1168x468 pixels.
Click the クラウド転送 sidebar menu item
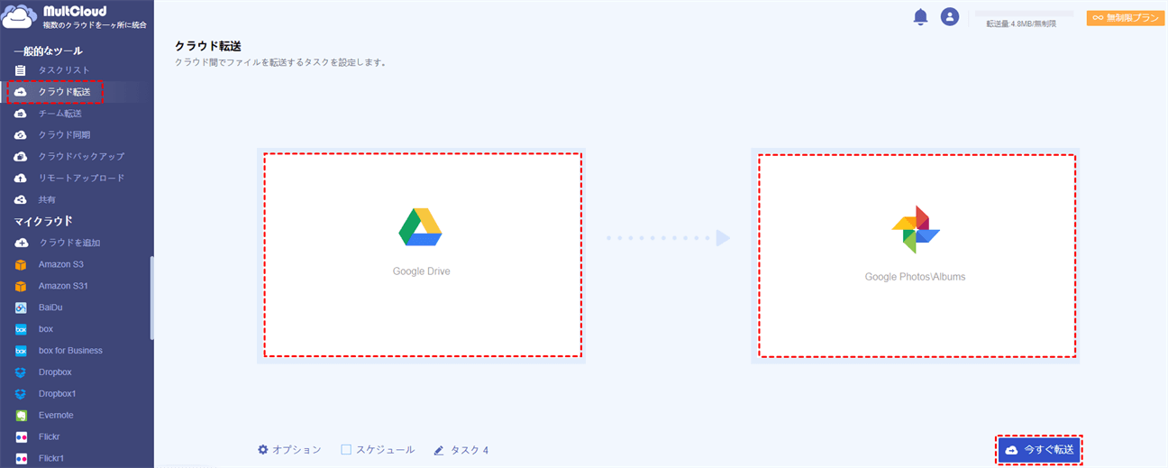click(63, 92)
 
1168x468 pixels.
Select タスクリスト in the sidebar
click(63, 70)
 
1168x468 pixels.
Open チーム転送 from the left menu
click(59, 114)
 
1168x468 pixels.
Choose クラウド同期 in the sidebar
click(63, 135)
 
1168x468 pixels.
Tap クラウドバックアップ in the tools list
click(80, 157)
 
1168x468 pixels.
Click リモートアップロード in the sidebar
click(80, 179)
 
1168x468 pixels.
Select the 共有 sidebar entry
click(46, 200)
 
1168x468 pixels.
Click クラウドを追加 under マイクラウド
click(69, 243)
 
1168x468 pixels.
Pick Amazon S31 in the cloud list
click(63, 286)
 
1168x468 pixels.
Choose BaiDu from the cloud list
click(51, 307)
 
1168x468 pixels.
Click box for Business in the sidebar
click(70, 351)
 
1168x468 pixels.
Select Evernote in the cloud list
click(56, 416)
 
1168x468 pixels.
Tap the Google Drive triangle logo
click(420, 227)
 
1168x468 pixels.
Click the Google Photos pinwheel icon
click(916, 229)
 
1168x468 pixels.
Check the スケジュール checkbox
click(346, 449)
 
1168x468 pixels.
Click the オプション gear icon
click(263, 449)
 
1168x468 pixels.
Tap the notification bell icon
click(920, 17)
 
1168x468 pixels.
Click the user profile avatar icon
click(949, 17)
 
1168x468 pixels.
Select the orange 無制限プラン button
click(1126, 18)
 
